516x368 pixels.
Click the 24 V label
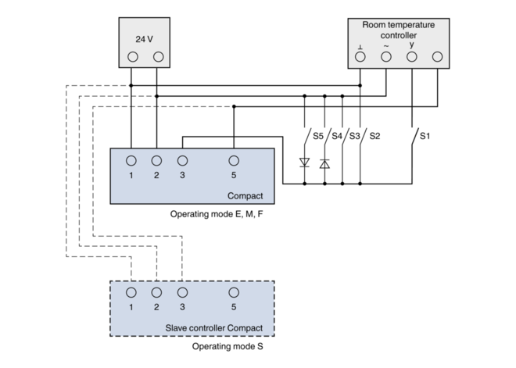[144, 39]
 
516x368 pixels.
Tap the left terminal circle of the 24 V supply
[133, 57]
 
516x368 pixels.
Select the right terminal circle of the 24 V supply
[158, 57]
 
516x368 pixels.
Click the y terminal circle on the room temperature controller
[412, 57]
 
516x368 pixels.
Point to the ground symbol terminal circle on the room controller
[360, 57]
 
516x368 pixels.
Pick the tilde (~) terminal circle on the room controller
[386, 57]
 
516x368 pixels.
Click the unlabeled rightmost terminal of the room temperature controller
[437, 57]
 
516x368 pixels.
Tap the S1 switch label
[425, 136]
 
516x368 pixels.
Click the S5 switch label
[318, 136]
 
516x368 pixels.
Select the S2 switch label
[374, 136]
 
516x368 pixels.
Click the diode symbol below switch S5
[304, 163]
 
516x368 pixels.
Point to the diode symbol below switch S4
[324, 163]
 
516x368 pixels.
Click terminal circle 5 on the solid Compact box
[234, 161]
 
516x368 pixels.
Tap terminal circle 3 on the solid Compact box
[182, 161]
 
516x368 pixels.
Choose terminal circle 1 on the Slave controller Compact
[131, 292]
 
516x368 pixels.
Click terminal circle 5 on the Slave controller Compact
[234, 292]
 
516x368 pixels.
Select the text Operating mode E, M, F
[217, 214]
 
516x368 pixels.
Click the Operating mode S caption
[228, 346]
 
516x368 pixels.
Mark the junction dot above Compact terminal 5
[234, 106]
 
